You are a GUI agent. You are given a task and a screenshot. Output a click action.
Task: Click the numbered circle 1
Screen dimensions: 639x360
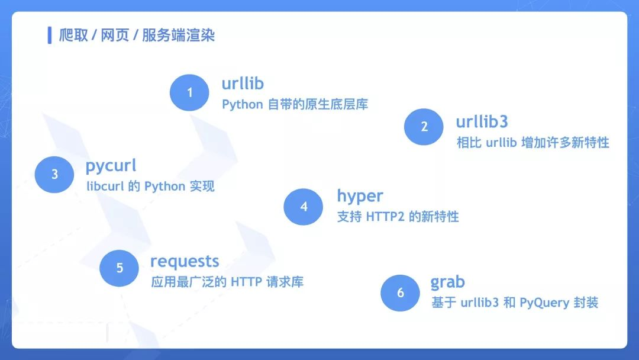click(x=189, y=92)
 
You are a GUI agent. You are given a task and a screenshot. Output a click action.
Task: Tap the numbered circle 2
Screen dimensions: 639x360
click(x=424, y=127)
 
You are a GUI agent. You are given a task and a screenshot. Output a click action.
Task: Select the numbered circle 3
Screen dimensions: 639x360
click(x=54, y=175)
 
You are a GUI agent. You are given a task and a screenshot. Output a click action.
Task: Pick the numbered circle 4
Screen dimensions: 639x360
click(x=303, y=207)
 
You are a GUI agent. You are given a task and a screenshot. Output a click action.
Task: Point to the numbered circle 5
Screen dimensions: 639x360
click(x=120, y=268)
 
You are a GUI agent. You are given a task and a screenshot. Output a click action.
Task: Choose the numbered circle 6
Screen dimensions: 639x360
click(x=400, y=292)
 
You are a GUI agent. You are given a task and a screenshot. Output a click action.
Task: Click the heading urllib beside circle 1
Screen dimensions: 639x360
click(x=243, y=83)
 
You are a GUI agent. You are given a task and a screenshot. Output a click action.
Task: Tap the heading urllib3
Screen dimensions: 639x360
click(x=482, y=121)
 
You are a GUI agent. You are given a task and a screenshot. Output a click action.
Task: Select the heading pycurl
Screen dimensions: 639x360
click(x=111, y=166)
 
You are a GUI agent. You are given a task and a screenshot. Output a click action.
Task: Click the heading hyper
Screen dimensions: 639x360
click(x=360, y=197)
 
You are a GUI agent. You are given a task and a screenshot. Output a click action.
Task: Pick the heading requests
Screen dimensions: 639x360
click(x=185, y=262)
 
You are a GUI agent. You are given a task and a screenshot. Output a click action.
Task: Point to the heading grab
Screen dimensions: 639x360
click(x=447, y=282)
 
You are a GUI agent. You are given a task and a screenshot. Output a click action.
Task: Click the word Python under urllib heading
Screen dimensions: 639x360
click(x=243, y=105)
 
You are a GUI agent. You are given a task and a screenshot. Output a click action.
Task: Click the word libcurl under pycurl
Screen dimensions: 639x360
click(x=105, y=187)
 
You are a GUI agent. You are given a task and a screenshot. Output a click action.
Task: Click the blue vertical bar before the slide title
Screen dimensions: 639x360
click(x=50, y=35)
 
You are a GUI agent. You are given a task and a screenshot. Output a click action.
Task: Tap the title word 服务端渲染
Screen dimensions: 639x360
click(x=178, y=36)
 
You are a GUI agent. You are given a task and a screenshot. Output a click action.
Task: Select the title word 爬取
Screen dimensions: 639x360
click(x=73, y=36)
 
